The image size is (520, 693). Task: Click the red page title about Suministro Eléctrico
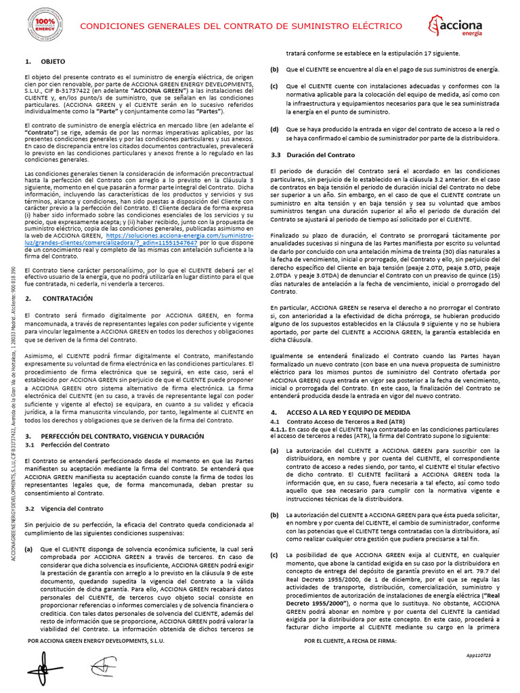tap(240, 26)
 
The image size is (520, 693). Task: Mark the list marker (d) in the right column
tap(274, 129)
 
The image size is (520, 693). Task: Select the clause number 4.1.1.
tap(278, 429)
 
